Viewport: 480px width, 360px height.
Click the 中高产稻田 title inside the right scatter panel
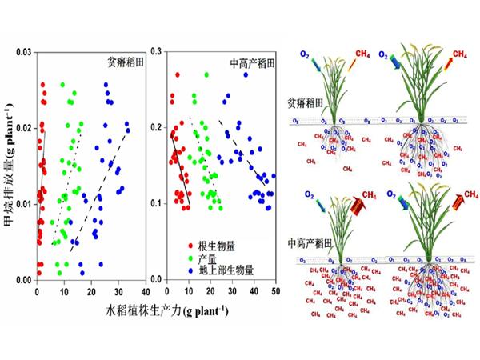click(x=252, y=62)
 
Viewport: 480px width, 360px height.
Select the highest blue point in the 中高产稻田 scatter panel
click(x=246, y=75)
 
